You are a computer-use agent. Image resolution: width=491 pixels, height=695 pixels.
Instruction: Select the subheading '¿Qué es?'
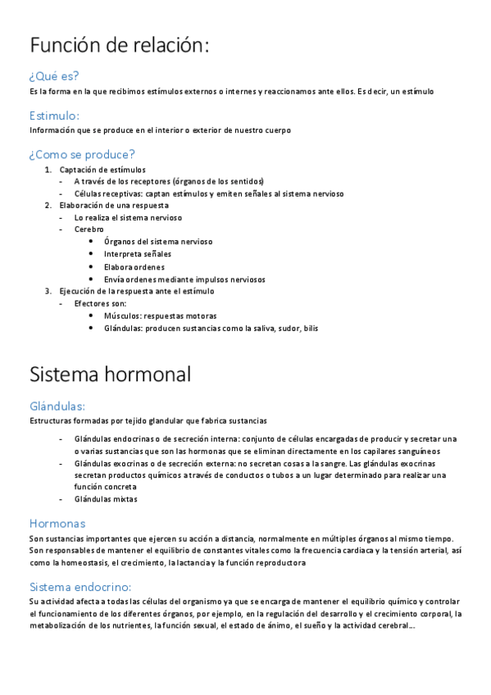pyautogui.click(x=54, y=76)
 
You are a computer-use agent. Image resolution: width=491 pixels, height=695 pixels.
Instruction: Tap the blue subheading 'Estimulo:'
pyautogui.click(x=54, y=116)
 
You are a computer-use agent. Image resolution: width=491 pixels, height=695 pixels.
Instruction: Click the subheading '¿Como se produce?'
pyautogui.click(x=82, y=154)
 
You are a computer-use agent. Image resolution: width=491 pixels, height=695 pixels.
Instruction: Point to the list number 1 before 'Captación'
pyautogui.click(x=48, y=170)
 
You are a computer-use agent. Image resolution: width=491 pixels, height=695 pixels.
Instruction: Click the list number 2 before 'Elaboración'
pyautogui.click(x=48, y=206)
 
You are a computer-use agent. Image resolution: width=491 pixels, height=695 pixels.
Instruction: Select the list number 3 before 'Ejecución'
pyautogui.click(x=48, y=291)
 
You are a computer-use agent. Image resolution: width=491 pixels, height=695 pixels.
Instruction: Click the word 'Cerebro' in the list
pyautogui.click(x=89, y=229)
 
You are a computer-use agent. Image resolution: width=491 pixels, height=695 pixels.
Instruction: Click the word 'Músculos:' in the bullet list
pyautogui.click(x=122, y=316)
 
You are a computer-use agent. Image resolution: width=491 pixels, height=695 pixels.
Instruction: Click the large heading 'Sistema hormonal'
pyautogui.click(x=110, y=375)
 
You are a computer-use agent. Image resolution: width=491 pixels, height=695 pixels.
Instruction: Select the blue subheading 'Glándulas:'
pyautogui.click(x=57, y=406)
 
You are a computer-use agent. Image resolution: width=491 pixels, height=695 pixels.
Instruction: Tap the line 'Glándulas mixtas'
pyautogui.click(x=106, y=498)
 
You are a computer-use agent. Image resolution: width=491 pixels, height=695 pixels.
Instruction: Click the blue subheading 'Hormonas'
pyautogui.click(x=57, y=523)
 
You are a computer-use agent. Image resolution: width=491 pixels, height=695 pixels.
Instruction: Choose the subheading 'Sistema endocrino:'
pyautogui.click(x=80, y=587)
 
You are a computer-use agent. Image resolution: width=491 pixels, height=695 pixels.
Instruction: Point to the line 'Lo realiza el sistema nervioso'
pyautogui.click(x=128, y=218)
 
